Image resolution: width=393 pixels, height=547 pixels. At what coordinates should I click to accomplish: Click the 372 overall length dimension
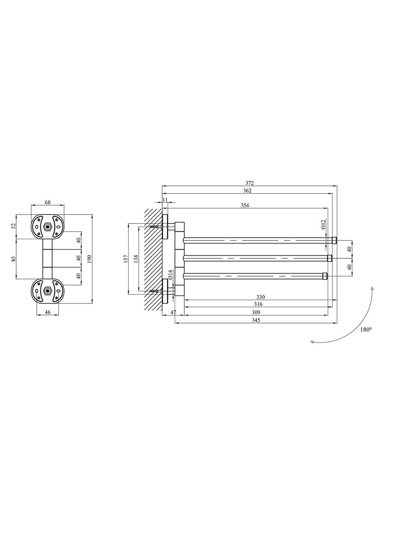coord(250,183)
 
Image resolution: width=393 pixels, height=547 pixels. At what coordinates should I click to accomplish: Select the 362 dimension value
coord(247,191)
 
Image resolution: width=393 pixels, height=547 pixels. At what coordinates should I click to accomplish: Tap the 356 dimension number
coord(245,206)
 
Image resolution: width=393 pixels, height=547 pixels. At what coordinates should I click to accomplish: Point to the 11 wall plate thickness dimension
coord(165,200)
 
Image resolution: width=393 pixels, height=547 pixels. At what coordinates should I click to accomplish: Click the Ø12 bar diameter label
coord(323,224)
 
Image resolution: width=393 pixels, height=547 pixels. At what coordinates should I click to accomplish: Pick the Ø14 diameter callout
coord(170,274)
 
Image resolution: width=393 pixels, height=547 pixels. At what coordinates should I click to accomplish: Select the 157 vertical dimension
coord(126,259)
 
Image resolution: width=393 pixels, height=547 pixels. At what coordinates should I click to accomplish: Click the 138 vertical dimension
coord(136,259)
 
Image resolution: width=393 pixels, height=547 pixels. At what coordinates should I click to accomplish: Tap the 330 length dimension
coord(261,297)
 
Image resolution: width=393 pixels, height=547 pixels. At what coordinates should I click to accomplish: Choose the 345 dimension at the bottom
coord(256,320)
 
